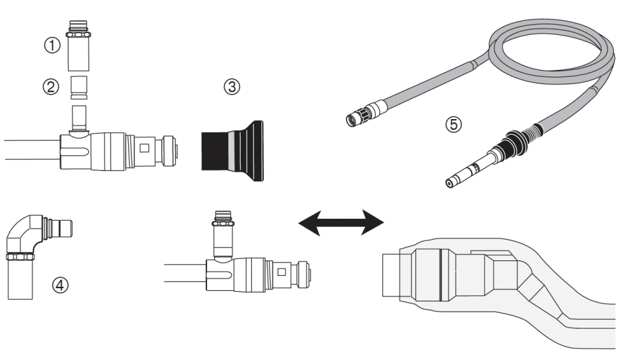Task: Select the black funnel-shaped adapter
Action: pos(232,150)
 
